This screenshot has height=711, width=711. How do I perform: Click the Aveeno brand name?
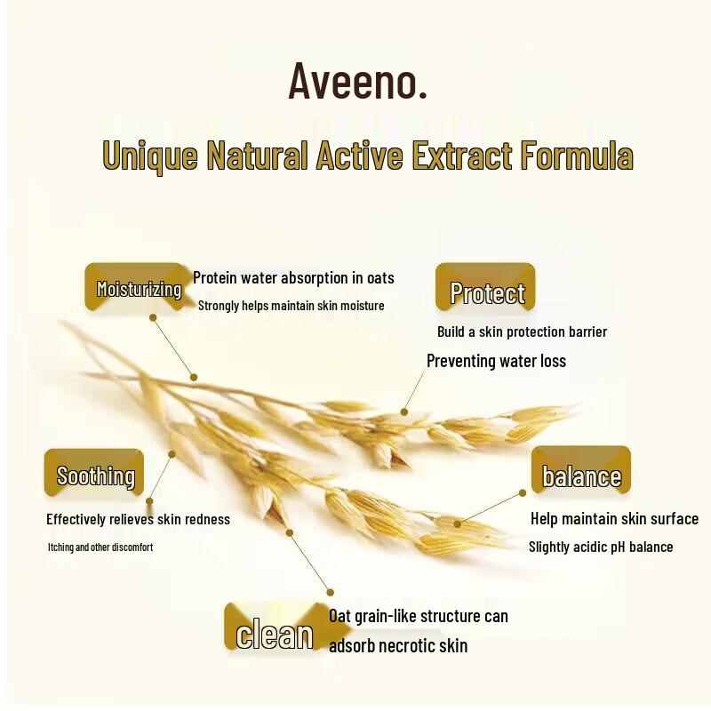pyautogui.click(x=357, y=81)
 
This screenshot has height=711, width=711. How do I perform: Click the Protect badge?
pyautogui.click(x=486, y=292)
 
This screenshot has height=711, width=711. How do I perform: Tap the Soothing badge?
pyautogui.click(x=95, y=475)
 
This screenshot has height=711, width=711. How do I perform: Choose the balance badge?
pyautogui.click(x=581, y=475)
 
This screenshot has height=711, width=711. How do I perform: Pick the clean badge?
pyautogui.click(x=275, y=635)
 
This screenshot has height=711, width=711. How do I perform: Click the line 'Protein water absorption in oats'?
pyautogui.click(x=293, y=278)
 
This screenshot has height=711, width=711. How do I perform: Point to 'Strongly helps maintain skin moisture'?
pyautogui.click(x=291, y=307)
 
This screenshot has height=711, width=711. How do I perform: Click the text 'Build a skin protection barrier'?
pyautogui.click(x=522, y=332)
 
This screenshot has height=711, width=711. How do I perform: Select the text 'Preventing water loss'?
pyautogui.click(x=496, y=361)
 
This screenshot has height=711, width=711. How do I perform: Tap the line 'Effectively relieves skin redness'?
pyautogui.click(x=138, y=519)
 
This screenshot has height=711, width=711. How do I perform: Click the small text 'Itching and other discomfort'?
pyautogui.click(x=100, y=547)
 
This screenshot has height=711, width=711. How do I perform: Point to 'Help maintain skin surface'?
pyautogui.click(x=614, y=519)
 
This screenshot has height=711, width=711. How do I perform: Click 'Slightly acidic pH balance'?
pyautogui.click(x=601, y=547)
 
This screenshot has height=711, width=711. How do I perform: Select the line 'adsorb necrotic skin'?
pyautogui.click(x=398, y=646)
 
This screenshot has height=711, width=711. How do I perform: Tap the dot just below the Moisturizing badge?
pyautogui.click(x=153, y=316)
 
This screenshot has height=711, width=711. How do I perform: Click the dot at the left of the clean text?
pyautogui.click(x=331, y=592)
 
